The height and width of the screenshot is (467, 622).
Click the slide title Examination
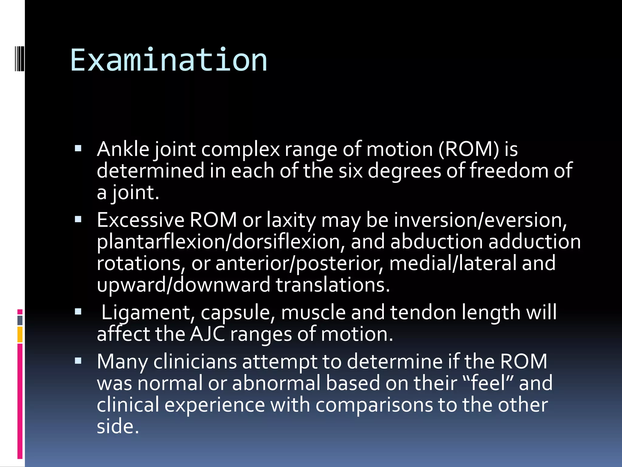click(169, 60)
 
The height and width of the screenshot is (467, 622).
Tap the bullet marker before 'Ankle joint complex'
click(78, 148)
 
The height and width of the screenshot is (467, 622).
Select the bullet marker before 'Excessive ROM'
click(78, 219)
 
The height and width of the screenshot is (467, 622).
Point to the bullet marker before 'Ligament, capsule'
click(78, 311)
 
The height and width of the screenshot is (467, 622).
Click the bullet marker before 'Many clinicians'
click(78, 361)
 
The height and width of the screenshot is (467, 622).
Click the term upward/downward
click(183, 285)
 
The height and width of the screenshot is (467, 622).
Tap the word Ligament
click(148, 313)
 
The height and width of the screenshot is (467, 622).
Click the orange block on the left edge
click(20, 334)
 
